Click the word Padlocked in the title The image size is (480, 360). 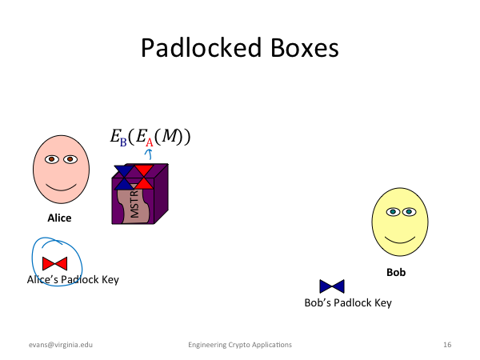[201, 48]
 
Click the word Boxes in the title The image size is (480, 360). [305, 48]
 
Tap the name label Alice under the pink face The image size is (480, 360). [59, 218]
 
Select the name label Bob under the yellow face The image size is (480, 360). [396, 272]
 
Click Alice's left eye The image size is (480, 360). [52, 159]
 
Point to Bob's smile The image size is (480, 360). [400, 239]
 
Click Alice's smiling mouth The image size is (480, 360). [62, 187]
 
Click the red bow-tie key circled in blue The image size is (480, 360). [54, 263]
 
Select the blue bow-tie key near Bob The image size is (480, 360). [332, 286]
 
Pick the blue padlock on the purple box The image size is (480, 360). [124, 178]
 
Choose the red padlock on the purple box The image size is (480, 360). [143, 177]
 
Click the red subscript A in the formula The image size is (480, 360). [149, 142]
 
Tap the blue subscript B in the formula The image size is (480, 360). [123, 142]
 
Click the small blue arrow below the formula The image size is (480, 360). [149, 154]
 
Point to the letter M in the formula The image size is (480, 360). [170, 136]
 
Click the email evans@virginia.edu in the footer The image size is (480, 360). [61, 345]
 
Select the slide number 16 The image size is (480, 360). [447, 345]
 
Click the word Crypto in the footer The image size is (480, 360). [238, 345]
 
